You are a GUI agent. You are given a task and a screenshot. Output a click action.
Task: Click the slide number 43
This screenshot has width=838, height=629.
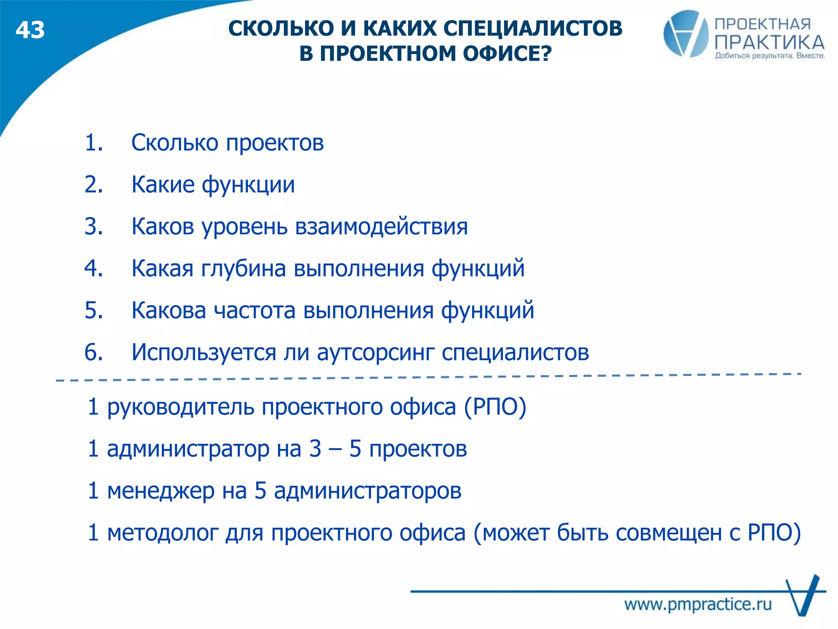coord(30,31)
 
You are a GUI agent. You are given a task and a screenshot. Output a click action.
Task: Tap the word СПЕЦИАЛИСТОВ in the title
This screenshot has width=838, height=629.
coord(533,29)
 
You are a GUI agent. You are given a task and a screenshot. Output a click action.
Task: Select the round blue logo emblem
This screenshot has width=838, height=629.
coord(686,34)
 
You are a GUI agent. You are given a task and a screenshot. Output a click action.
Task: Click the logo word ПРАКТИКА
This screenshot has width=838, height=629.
coord(769,43)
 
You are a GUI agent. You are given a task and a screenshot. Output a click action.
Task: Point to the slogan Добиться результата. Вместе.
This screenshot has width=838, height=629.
coord(770,56)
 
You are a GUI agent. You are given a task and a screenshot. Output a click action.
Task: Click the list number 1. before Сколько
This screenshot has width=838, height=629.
coord(94,143)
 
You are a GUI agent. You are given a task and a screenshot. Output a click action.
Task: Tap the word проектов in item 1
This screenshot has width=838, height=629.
coord(275,143)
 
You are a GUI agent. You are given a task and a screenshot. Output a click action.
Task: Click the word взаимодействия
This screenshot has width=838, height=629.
coord(381,227)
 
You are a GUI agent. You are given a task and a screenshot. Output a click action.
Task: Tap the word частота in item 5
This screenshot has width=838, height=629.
coord(255,310)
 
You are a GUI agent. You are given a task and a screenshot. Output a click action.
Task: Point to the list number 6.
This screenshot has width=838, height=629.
coord(94,352)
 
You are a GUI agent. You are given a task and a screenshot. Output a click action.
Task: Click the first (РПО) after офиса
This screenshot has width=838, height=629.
coord(495,407)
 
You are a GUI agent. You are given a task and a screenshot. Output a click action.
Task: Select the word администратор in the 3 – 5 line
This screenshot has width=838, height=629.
coord(188,449)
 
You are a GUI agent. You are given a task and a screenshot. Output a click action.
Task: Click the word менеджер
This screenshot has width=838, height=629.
coord(160,491)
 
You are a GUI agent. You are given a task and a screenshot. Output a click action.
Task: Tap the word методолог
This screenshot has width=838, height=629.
coord(162,533)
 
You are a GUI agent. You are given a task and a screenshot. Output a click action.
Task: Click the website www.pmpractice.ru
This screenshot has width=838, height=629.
coord(698,604)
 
